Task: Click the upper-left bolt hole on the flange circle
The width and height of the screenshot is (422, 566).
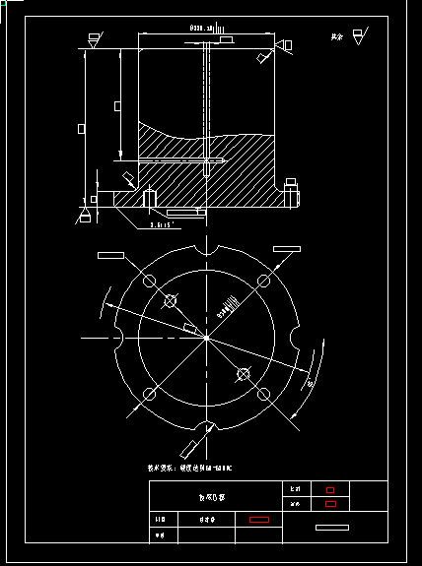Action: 150,283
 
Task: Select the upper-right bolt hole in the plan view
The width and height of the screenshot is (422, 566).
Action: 264,283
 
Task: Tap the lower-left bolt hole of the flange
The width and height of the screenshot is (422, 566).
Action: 150,395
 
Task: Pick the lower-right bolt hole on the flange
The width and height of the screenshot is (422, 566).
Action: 264,395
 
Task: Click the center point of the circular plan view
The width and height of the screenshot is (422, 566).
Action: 207,339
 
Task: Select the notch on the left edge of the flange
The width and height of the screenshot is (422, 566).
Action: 117,339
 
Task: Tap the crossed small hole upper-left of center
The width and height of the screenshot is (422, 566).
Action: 171,301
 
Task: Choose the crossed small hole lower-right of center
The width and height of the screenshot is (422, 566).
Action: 244,374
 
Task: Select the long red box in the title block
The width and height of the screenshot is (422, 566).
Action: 259,519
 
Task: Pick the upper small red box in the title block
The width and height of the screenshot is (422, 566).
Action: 330,489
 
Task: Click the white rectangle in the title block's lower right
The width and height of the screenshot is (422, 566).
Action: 332,528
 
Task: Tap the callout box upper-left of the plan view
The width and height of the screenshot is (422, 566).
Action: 110,255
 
